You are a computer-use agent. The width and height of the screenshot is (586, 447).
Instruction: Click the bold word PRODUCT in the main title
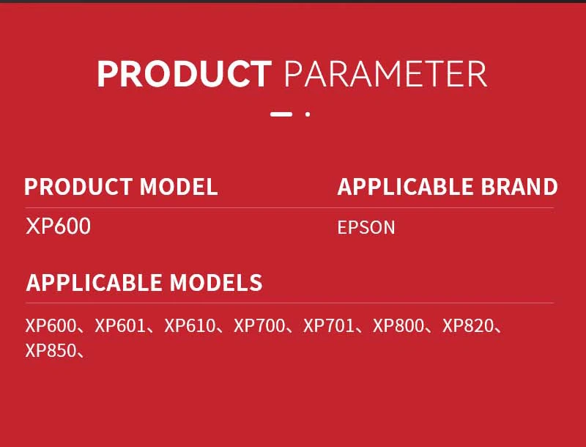pyautogui.click(x=185, y=73)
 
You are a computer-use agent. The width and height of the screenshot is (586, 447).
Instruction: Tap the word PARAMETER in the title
pyautogui.click(x=386, y=73)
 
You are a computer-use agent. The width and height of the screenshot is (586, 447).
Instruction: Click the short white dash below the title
pyautogui.click(x=281, y=114)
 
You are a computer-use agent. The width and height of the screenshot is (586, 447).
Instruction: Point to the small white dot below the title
pyautogui.click(x=308, y=114)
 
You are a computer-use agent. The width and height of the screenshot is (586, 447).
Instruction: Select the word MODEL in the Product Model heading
pyautogui.click(x=179, y=187)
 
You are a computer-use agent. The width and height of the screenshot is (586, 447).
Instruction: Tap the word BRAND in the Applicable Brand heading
pyautogui.click(x=519, y=187)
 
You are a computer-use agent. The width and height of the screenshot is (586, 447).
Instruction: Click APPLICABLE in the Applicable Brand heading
pyautogui.click(x=405, y=187)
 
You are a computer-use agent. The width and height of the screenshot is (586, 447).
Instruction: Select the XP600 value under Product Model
pyautogui.click(x=59, y=226)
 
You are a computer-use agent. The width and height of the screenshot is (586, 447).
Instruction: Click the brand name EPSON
pyautogui.click(x=366, y=228)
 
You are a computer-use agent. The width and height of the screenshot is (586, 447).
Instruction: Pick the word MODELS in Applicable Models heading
pyautogui.click(x=216, y=282)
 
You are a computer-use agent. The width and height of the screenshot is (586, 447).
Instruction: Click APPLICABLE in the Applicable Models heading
pyautogui.click(x=94, y=282)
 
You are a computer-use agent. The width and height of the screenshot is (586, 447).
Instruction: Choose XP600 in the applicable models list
pyautogui.click(x=51, y=325)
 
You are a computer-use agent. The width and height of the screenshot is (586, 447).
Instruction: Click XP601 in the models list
pyautogui.click(x=120, y=325)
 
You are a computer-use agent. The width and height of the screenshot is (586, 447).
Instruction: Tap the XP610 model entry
pyautogui.click(x=190, y=325)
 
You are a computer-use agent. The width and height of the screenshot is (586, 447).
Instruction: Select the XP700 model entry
pyautogui.click(x=259, y=325)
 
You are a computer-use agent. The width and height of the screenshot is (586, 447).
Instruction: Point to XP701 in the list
pyautogui.click(x=328, y=325)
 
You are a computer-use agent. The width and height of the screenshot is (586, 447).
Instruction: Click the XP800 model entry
pyautogui.click(x=398, y=325)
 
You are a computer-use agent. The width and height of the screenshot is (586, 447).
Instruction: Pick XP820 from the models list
pyautogui.click(x=468, y=325)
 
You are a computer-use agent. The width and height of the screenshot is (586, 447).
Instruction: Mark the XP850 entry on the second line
pyautogui.click(x=51, y=350)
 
